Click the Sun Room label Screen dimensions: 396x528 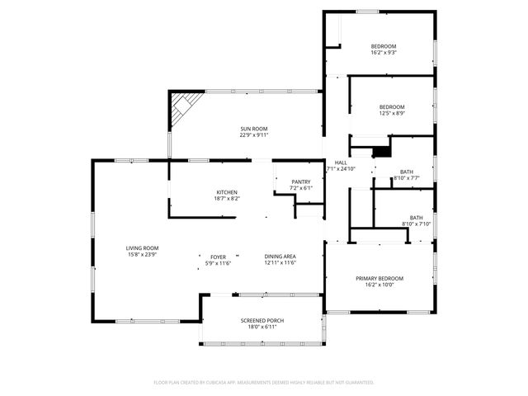click(254, 129)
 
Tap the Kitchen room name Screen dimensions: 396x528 click(227, 192)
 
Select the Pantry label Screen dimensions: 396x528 click(300, 181)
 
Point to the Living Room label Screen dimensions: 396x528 click(142, 248)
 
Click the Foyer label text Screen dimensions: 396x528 click(219, 257)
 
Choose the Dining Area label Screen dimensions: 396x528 click(280, 257)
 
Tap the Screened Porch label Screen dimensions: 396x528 click(262, 320)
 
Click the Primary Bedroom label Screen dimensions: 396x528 click(379, 279)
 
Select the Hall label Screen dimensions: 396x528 click(341, 163)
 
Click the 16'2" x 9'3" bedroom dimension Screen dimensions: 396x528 click(384, 53)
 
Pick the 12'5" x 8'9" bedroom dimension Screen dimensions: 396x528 click(392, 114)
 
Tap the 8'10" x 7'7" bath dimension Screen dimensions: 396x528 click(407, 178)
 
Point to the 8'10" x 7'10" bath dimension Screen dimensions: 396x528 click(416, 224)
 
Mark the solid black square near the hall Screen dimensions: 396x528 click(381, 151)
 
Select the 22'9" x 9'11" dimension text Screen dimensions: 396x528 click(254, 134)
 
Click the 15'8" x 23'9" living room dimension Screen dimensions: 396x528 click(142, 254)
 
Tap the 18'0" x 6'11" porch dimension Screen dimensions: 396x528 click(262, 326)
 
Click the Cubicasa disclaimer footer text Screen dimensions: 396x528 click(264, 382)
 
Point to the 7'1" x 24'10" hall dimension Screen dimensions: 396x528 click(341, 169)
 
